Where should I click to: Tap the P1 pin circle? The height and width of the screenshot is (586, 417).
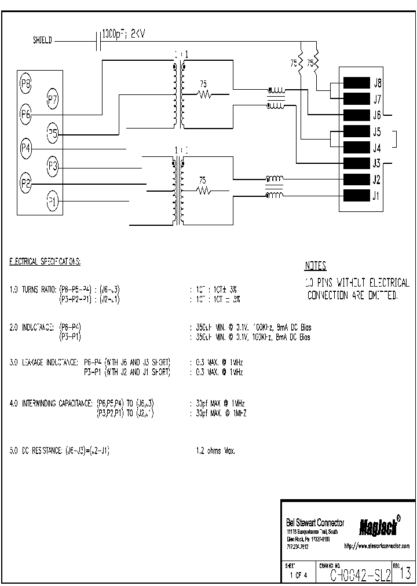(53, 202)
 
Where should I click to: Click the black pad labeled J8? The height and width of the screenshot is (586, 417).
(357, 82)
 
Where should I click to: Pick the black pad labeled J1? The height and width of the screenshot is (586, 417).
(357, 196)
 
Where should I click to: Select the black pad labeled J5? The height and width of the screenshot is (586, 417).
(357, 131)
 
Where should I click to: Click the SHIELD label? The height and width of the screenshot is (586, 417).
(42, 41)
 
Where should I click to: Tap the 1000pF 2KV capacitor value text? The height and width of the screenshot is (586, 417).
(123, 35)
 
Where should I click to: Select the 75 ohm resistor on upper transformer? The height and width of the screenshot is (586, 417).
(204, 93)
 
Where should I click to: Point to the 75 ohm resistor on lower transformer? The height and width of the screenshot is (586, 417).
(203, 189)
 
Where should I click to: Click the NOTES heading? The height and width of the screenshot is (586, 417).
(315, 266)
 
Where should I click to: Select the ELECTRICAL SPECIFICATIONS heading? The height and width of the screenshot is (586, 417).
(45, 262)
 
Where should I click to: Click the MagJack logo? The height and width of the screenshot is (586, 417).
(379, 526)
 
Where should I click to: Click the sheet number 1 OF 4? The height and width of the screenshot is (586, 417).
(299, 576)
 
